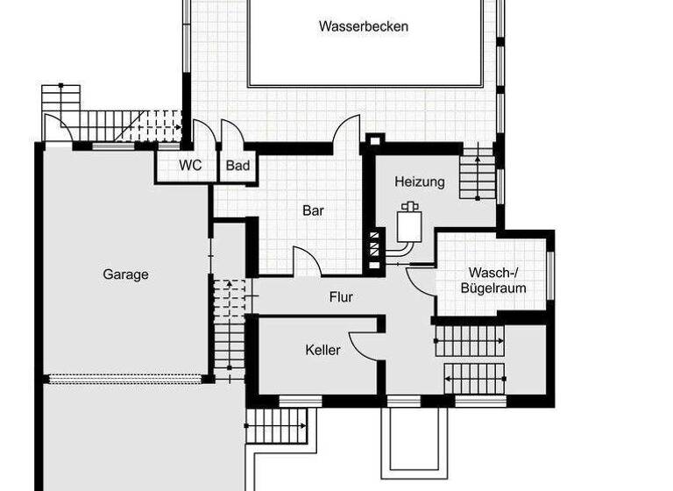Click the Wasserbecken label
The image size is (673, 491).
coord(364,26)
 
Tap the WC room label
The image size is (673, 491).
coord(191,165)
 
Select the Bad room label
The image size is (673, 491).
coord(238,165)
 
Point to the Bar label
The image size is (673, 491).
coord(313,210)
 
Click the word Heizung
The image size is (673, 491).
coord(420,182)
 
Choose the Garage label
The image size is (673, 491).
coord(126,274)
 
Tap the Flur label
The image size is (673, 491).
coord(341,297)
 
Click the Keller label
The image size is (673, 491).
coord(322,350)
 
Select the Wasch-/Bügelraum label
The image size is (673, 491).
coord(497,280)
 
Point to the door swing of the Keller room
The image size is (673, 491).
coord(362,343)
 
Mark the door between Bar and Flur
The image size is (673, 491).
coord(306,261)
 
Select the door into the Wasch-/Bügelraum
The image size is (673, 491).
coord(421,281)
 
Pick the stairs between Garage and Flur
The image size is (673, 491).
coord(230,324)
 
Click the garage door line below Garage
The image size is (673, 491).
coord(126,380)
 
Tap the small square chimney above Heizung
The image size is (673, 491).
coord(374,140)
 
